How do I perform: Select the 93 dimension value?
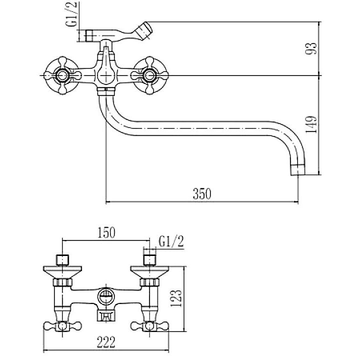point(311,48)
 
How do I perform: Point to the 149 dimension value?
point(311,124)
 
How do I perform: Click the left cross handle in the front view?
point(62,76)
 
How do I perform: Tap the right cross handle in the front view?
point(148,76)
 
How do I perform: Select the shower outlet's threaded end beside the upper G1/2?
point(90,36)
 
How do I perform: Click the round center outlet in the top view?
point(105,295)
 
